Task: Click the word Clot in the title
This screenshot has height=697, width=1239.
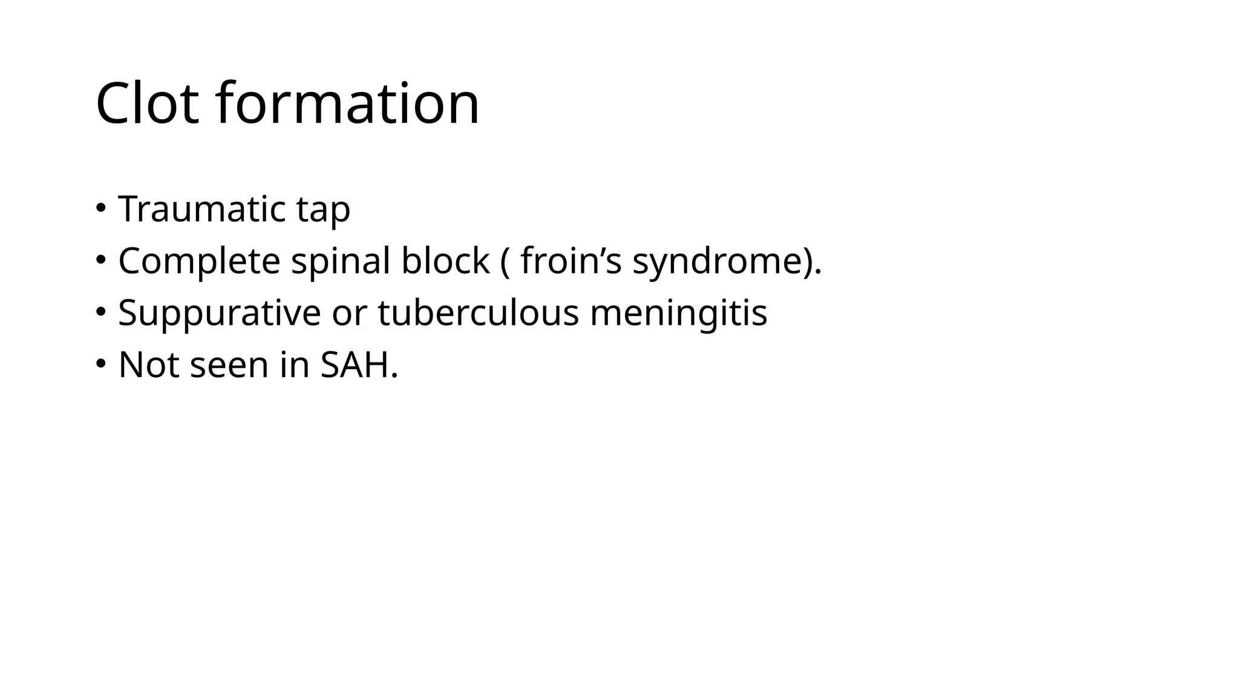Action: tap(147, 103)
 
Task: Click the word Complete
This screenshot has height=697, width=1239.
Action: tap(199, 261)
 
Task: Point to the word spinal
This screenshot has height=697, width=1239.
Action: tap(340, 261)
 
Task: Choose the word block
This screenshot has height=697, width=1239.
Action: tap(445, 261)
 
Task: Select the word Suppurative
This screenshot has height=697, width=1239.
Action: tap(219, 313)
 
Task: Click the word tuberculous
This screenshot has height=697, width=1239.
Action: tap(478, 313)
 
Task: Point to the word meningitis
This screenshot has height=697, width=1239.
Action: tap(678, 313)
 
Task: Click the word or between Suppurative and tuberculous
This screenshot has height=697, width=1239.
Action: tap(349, 313)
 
